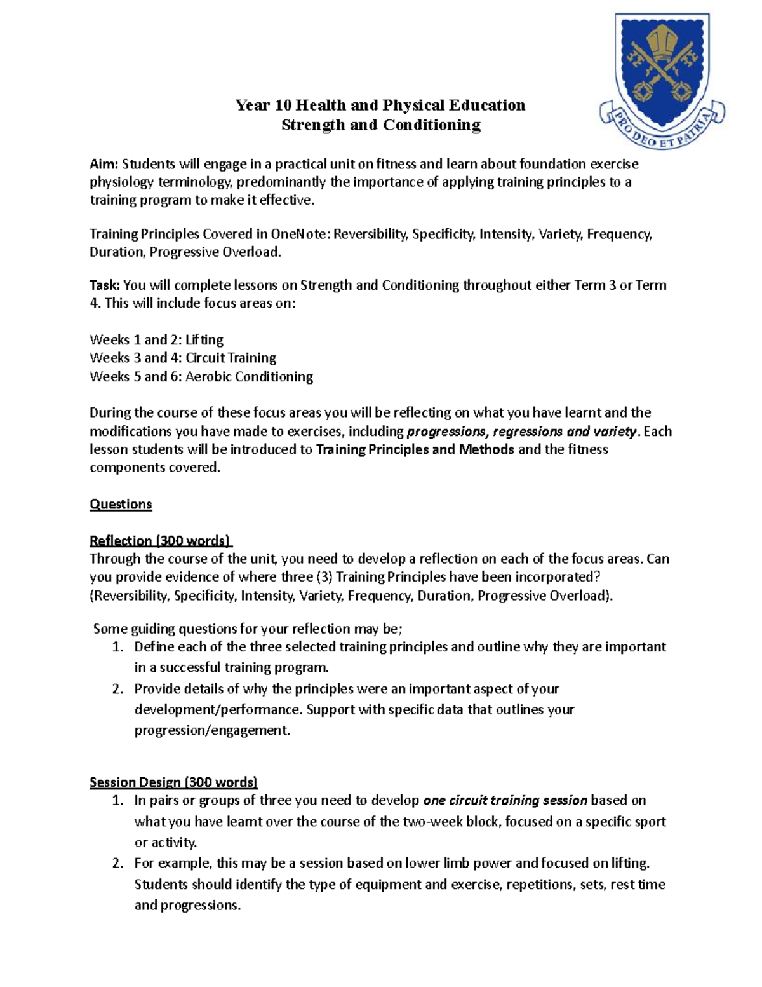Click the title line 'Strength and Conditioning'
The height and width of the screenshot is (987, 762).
pos(381,125)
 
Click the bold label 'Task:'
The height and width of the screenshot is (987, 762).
pos(105,285)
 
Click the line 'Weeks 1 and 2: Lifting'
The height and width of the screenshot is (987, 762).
pos(156,339)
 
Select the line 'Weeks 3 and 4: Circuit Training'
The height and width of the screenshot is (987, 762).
pos(183,358)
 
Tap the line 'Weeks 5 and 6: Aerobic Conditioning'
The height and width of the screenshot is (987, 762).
pos(201,376)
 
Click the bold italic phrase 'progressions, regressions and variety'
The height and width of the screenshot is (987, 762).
pos(521,432)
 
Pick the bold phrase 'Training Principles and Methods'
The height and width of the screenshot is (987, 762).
pos(415,449)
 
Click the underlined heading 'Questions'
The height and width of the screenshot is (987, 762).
pos(121,504)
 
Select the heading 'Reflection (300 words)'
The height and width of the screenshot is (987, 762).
pos(161,541)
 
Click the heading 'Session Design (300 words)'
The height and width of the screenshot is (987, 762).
pos(173,782)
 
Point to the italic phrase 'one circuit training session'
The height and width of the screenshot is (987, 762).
pos(505,800)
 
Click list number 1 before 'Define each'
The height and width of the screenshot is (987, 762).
pos(117,647)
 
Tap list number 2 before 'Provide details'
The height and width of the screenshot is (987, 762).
pos(117,689)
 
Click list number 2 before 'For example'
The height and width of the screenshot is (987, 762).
pos(117,863)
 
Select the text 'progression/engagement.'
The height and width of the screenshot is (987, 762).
pos(212,730)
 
